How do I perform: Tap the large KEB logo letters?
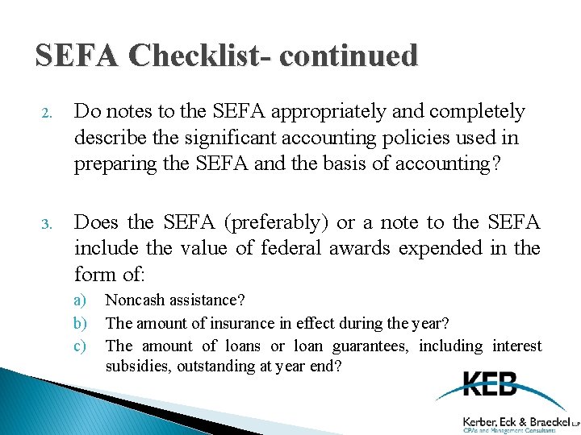pyautogui.click(x=491, y=385)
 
